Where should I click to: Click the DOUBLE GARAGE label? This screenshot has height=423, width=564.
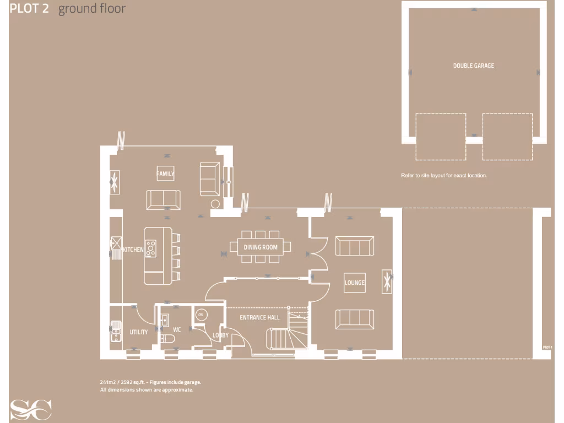[x=473, y=66]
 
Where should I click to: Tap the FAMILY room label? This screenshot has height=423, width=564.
[x=165, y=173]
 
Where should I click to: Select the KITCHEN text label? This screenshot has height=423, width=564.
[x=133, y=250]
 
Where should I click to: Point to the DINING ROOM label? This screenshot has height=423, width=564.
[x=261, y=247]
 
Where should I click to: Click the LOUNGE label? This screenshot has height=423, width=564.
[x=355, y=283]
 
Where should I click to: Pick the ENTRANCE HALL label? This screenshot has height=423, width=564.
[x=259, y=317]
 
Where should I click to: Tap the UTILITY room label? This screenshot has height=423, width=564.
[x=138, y=332]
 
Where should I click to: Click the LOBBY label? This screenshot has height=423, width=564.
[x=220, y=335]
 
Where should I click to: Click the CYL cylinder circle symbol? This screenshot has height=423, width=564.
[x=201, y=314]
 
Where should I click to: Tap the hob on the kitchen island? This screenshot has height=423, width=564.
[x=150, y=248]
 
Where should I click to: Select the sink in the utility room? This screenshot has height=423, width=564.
[x=116, y=330]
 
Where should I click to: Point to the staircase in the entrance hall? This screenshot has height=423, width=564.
[x=286, y=333]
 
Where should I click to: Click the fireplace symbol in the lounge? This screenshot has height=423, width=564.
[x=387, y=281]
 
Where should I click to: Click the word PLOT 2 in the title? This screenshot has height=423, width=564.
[x=29, y=9]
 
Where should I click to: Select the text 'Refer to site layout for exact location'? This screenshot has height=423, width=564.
[x=444, y=176]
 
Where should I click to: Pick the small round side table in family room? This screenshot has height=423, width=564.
[x=215, y=204]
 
